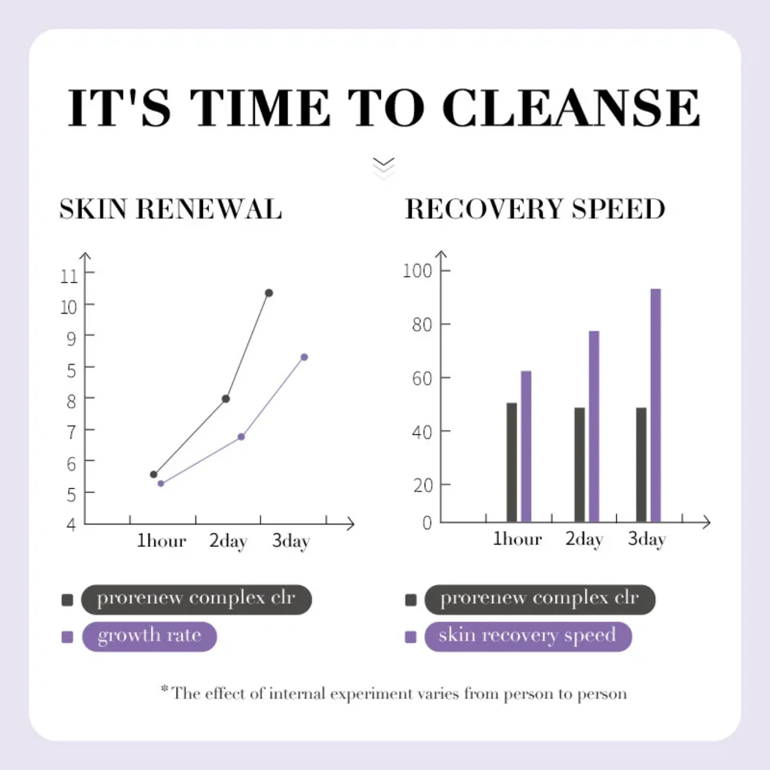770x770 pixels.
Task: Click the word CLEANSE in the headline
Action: point(571,108)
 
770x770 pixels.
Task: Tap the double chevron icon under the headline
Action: point(383,167)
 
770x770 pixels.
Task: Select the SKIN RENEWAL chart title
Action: point(170,209)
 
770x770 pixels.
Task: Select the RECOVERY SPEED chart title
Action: point(535,209)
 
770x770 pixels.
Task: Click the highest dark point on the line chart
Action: point(269,293)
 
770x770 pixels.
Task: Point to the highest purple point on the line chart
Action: point(304,357)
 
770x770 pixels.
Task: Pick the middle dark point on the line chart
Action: point(226,399)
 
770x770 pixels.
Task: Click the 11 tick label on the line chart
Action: point(69,276)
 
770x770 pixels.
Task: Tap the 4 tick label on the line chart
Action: point(71,524)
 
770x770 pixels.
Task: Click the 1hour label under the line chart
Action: point(161,541)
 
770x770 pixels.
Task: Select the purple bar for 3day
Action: point(656,405)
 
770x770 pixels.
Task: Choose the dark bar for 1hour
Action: point(512,462)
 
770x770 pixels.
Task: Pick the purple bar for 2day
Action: point(594,426)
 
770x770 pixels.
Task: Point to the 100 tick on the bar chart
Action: point(417,270)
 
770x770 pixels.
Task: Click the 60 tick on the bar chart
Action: point(422,378)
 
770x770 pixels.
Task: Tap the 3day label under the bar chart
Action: point(647,539)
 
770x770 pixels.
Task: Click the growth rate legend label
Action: point(149,636)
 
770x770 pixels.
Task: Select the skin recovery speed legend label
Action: point(527,636)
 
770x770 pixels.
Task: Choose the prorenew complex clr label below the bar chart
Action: point(540,599)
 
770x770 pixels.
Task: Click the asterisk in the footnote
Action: point(164,689)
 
